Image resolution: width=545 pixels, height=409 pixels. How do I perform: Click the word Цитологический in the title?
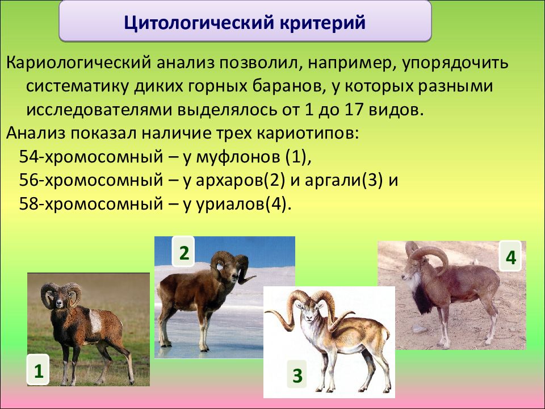tap(198, 23)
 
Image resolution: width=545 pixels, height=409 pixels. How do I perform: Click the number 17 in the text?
tap(354, 110)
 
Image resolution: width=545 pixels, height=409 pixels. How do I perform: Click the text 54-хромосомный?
tap(91, 157)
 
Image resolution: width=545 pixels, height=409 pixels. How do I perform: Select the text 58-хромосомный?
tap(91, 203)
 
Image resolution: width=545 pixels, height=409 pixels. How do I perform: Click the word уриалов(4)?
tap(243, 204)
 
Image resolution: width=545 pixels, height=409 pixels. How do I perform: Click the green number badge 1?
tap(38, 371)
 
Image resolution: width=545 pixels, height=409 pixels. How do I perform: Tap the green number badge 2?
tap(184, 253)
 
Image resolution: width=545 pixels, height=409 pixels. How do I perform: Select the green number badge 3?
tap(297, 375)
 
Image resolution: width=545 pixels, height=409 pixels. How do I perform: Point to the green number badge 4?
tap(510, 258)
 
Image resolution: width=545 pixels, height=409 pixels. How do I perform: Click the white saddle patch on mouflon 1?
tap(95, 320)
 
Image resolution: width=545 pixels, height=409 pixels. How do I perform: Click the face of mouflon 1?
tap(60, 300)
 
